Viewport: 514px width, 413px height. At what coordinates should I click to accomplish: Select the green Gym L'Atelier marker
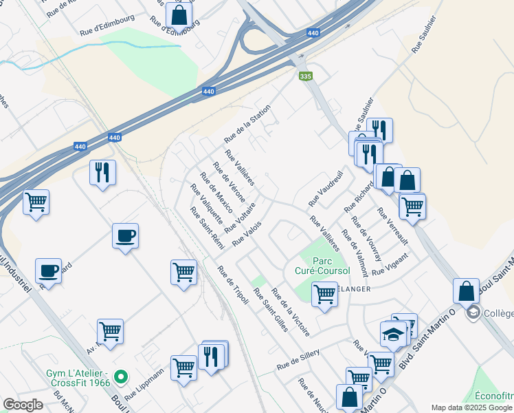(x=121, y=377)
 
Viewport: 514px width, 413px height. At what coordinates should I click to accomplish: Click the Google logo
(x=23, y=405)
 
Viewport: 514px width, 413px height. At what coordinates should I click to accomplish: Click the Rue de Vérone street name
(x=230, y=180)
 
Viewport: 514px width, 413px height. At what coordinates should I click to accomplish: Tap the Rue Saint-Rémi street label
(x=208, y=229)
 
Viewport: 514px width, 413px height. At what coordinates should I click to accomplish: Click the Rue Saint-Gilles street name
(x=271, y=310)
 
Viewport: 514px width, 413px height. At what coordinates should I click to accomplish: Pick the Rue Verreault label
(x=392, y=226)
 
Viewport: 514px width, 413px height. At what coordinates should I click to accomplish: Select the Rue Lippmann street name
(x=145, y=384)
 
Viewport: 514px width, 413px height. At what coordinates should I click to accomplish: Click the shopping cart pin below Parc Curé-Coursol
(x=324, y=295)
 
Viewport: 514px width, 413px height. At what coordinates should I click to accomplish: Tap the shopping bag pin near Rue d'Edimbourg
(x=179, y=14)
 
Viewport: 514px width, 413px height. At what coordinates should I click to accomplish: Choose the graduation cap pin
(x=393, y=335)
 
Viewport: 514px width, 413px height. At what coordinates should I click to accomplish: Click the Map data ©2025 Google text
(x=471, y=407)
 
